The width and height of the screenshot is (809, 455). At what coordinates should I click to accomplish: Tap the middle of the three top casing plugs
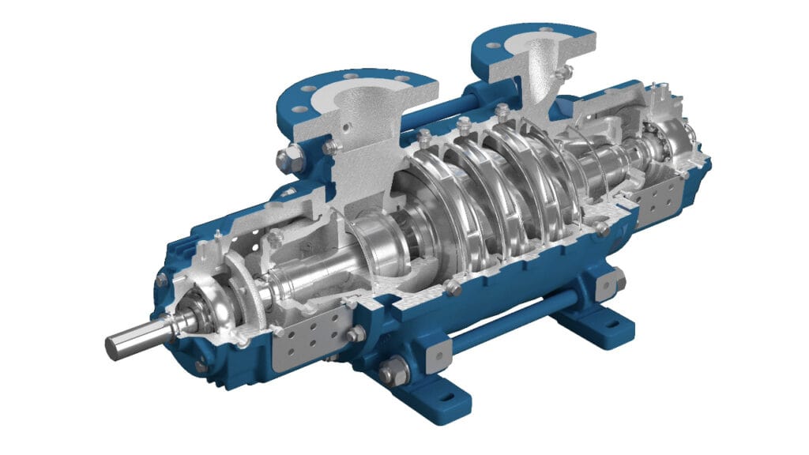click(464, 124)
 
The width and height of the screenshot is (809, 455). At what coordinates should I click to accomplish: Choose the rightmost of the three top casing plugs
click(502, 111)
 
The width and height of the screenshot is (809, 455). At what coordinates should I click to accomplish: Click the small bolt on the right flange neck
click(563, 73)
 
